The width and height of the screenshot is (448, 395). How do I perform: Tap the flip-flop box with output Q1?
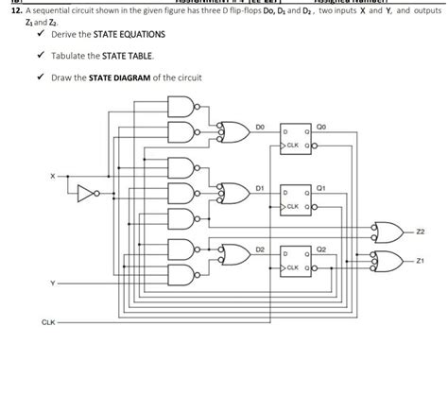(x=297, y=198)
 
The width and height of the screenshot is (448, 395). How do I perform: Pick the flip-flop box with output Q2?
(x=297, y=261)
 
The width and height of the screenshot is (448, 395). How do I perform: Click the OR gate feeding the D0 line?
(x=233, y=131)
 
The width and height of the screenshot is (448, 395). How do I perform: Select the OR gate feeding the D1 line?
(x=233, y=194)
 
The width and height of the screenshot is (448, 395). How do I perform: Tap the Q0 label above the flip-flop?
(x=321, y=122)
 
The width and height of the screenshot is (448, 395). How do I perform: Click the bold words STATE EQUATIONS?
(x=131, y=34)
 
